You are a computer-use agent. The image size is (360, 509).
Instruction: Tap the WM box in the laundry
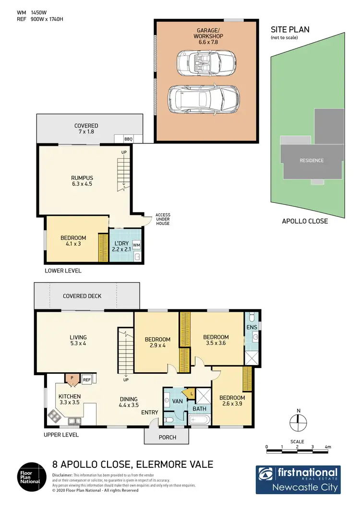coord(136,245)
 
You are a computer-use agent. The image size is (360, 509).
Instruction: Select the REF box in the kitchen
coord(87,380)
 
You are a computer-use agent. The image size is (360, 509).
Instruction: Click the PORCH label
coord(167,437)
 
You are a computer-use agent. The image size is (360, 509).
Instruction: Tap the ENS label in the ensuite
coord(252,327)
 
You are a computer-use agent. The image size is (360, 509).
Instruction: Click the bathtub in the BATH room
coord(200,420)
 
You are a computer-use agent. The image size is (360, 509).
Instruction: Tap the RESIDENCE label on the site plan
coord(312,160)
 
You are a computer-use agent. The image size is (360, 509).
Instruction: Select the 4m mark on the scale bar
coord(328,447)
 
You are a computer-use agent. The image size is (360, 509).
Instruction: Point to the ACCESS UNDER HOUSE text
coord(162,219)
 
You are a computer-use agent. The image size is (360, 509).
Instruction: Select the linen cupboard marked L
coord(192,394)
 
